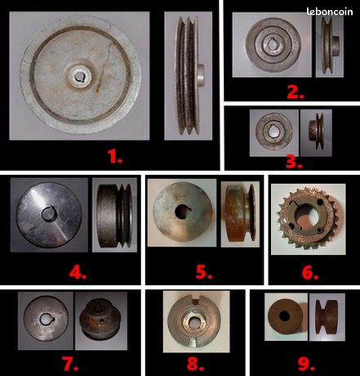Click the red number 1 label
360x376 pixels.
(115, 157)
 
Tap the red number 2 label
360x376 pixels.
(296, 92)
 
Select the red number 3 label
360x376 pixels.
(294, 162)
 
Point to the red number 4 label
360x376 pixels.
(78, 272)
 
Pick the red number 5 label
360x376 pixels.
(204, 272)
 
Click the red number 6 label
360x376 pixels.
(310, 273)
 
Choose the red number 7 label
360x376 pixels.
(70, 364)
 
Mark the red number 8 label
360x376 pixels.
(195, 364)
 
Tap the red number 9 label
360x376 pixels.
(307, 364)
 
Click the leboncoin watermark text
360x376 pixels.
(330, 11)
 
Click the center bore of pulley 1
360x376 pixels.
(79, 77)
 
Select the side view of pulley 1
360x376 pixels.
(189, 76)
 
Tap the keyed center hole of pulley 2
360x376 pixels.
(273, 44)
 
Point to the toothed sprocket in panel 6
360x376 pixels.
(307, 218)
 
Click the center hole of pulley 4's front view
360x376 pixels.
(49, 213)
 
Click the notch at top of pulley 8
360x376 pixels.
(196, 301)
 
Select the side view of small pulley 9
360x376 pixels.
(327, 317)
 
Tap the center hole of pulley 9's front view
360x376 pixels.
(285, 316)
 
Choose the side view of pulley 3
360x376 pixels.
(316, 131)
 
